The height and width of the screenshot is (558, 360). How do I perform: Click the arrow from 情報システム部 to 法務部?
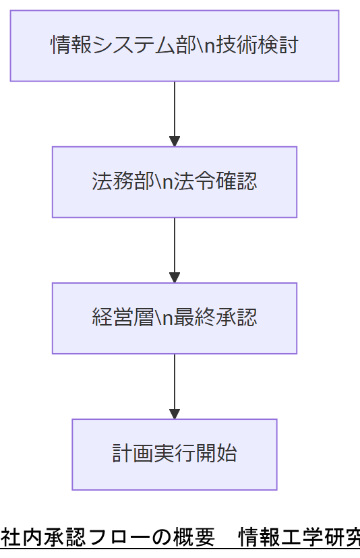pos(175,111)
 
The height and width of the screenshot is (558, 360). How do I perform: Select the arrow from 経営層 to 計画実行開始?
pos(175,383)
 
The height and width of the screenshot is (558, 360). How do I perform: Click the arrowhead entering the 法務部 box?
pos(175,142)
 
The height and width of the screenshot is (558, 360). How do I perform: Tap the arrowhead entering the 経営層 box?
pos(175,278)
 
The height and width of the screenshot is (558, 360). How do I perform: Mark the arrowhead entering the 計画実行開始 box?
pos(175,414)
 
